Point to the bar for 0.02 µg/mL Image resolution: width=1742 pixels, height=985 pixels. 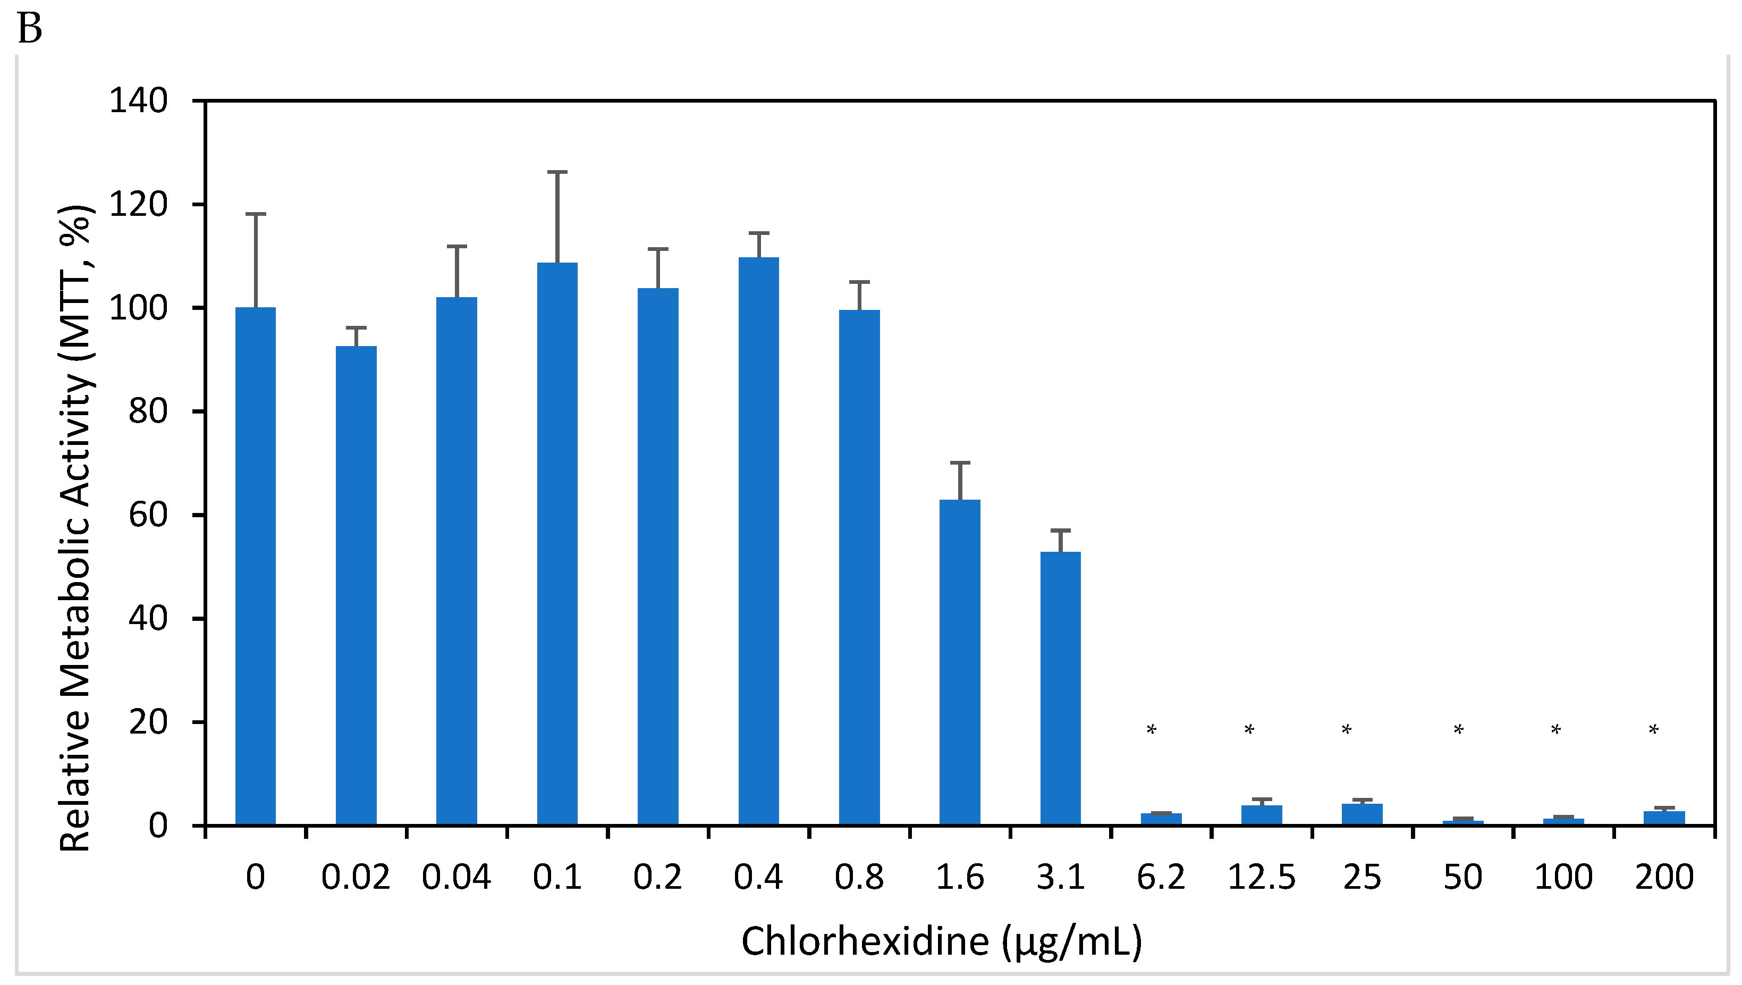click(357, 585)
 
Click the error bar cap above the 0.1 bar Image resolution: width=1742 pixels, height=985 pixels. click(557, 173)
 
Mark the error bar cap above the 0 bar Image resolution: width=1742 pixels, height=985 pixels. click(256, 214)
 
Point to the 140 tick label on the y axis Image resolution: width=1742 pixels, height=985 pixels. click(139, 102)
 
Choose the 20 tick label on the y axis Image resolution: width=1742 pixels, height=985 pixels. click(148, 722)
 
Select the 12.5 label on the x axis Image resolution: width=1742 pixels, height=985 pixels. click(1261, 878)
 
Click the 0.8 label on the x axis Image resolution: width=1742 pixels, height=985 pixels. click(859, 878)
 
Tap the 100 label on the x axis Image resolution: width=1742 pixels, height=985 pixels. click(1563, 878)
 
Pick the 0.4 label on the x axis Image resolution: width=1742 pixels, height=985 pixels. click(758, 878)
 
